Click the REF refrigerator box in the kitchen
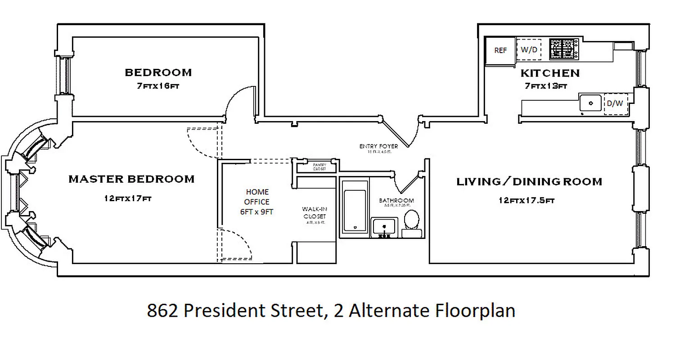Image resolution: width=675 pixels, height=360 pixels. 500,50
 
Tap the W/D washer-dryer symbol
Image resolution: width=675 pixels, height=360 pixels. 529,50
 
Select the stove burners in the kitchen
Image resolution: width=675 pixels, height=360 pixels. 564,49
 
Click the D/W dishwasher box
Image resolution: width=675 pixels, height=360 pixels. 615,103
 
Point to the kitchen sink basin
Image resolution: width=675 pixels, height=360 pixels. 591,103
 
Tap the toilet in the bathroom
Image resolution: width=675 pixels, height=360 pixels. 411,220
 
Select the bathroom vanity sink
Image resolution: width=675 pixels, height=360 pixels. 384,226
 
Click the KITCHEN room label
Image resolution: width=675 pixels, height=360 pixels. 550,73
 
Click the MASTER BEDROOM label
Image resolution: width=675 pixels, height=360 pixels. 131,179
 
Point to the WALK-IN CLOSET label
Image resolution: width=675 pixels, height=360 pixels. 314,213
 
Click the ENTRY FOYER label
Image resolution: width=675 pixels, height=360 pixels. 378,146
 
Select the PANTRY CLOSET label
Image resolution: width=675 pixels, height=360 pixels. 319,167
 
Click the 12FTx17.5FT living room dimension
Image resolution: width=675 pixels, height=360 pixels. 526,201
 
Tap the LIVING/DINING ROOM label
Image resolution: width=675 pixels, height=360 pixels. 529,182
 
